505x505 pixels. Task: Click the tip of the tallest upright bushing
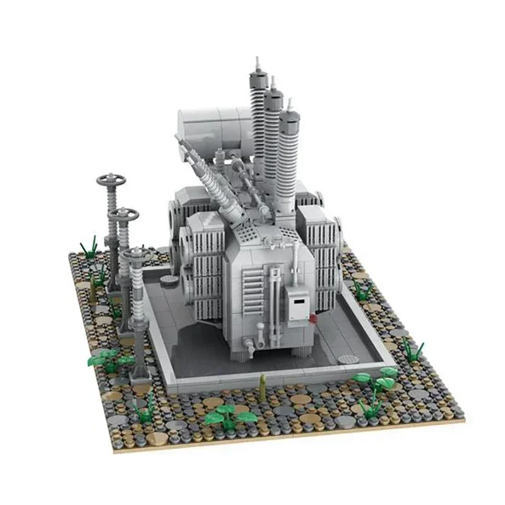coord(258,63)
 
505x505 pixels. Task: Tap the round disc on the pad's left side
coord(168,280)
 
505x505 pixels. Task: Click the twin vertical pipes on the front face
coord(273,297)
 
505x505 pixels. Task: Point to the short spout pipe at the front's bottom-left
coord(251,346)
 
